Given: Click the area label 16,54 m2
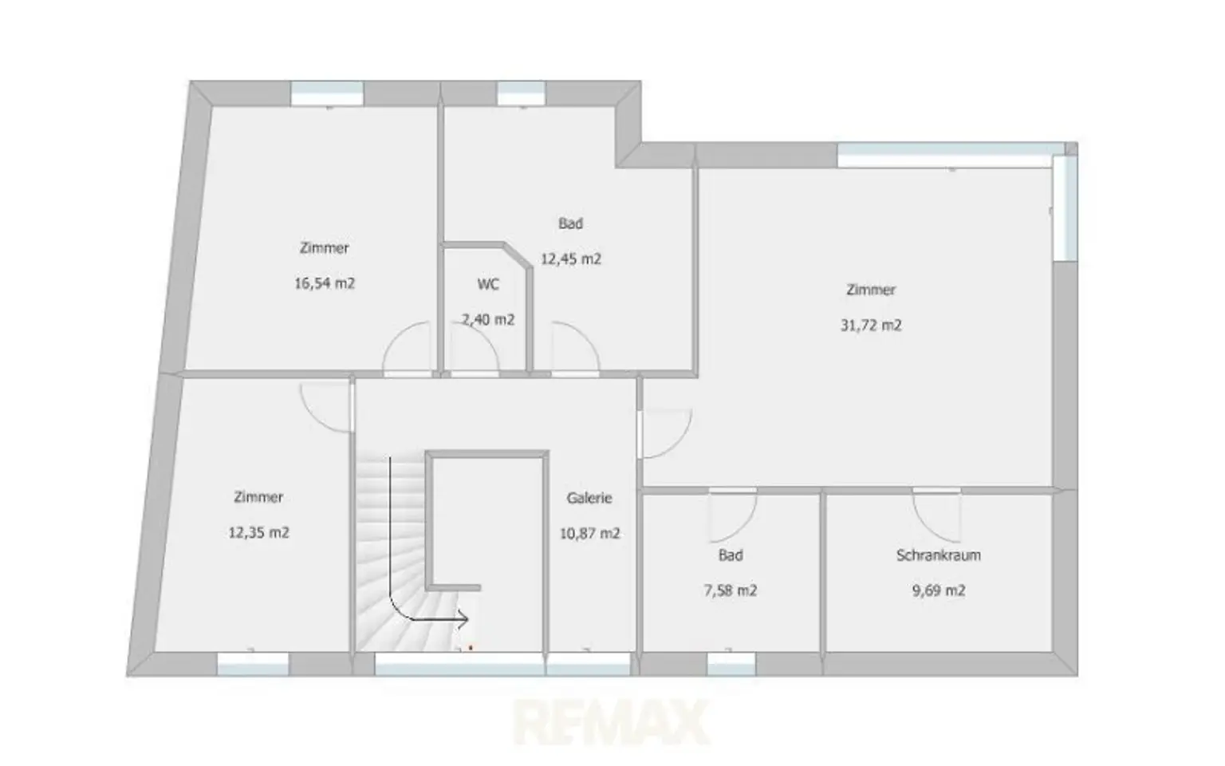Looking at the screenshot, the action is pyautogui.click(x=325, y=283).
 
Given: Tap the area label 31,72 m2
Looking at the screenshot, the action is pyautogui.click(x=871, y=326).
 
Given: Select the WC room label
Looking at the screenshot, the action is pyautogui.click(x=488, y=285).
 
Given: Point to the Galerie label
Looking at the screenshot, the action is pyautogui.click(x=589, y=498).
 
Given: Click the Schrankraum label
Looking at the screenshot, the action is pyautogui.click(x=939, y=555).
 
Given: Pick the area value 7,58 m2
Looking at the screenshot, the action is pyautogui.click(x=730, y=591).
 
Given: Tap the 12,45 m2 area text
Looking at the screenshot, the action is pyautogui.click(x=571, y=259).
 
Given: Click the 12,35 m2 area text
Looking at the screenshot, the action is pyautogui.click(x=258, y=532).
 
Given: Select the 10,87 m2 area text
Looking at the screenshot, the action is pyautogui.click(x=589, y=534).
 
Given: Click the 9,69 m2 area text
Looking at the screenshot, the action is pyautogui.click(x=939, y=591).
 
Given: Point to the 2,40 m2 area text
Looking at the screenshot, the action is pyautogui.click(x=488, y=319).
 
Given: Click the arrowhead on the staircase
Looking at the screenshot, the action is pyautogui.click(x=463, y=620).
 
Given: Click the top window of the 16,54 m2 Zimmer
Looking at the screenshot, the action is pyautogui.click(x=327, y=93).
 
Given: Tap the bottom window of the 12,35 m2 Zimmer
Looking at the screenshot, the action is pyautogui.click(x=253, y=664).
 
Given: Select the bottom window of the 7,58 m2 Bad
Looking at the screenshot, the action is pyautogui.click(x=731, y=664).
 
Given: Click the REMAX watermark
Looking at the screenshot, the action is pyautogui.click(x=611, y=722).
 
